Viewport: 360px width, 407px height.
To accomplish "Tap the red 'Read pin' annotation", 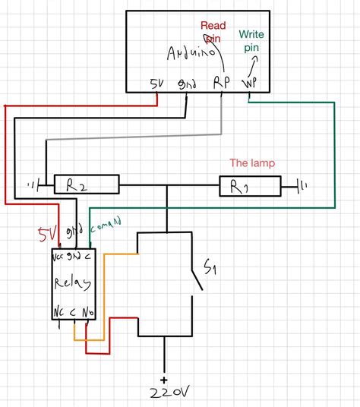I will [213, 31].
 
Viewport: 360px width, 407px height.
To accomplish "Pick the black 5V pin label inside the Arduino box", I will [156, 83].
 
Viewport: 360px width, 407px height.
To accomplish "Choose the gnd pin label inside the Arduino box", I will [186, 83].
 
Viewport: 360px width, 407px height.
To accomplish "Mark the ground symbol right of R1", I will [302, 185].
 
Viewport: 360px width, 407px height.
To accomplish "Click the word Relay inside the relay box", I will [73, 283].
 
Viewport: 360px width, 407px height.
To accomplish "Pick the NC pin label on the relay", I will [60, 312].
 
